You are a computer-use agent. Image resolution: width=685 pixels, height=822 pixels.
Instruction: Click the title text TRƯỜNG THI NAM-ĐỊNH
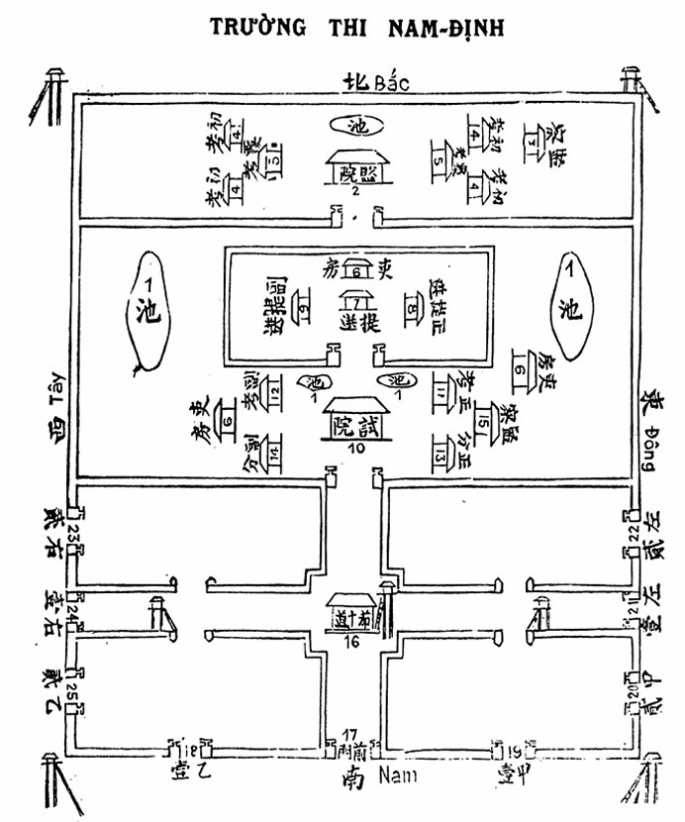coord(357,28)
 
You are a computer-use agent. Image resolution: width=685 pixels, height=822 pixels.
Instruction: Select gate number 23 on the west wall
coord(73,536)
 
